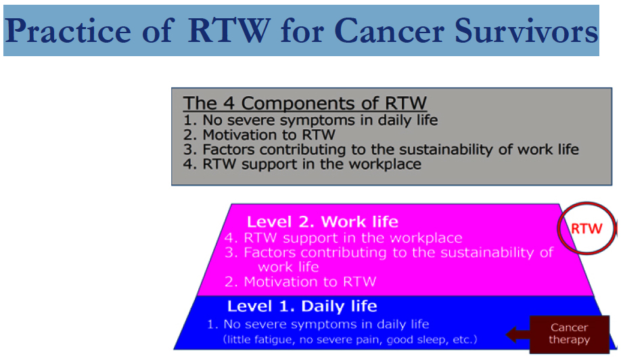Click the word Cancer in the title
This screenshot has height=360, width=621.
(390, 31)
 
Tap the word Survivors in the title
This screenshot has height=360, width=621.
(526, 31)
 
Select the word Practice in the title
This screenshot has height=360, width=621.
(68, 31)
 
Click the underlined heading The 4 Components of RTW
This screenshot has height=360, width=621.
(304, 104)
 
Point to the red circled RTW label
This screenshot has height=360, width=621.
(586, 229)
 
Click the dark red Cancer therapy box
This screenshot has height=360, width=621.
(569, 334)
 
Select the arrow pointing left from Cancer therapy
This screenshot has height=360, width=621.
(517, 335)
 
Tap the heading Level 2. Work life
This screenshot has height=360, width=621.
(323, 222)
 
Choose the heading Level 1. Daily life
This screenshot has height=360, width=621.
(302, 306)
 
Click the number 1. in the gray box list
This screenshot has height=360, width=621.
(189, 120)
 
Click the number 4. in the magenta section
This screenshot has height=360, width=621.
(231, 238)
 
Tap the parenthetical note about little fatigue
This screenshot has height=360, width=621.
(350, 340)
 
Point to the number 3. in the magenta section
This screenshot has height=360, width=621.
(231, 252)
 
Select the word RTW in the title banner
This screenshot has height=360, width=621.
(229, 31)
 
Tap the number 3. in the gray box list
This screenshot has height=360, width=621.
(189, 150)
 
